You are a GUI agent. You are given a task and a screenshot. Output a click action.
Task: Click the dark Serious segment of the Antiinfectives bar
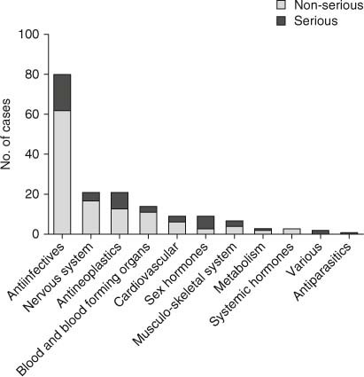(62, 92)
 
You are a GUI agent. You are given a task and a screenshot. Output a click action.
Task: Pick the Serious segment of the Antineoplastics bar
(120, 200)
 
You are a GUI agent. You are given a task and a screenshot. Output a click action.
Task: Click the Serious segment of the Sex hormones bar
(205, 222)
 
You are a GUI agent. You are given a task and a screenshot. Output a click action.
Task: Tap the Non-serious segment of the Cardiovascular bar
(176, 228)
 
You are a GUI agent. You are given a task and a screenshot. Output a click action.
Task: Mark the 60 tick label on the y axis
(32, 114)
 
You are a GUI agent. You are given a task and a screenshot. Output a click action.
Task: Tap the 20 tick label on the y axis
(32, 194)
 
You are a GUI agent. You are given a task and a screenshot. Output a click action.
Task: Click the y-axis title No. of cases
(8, 135)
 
